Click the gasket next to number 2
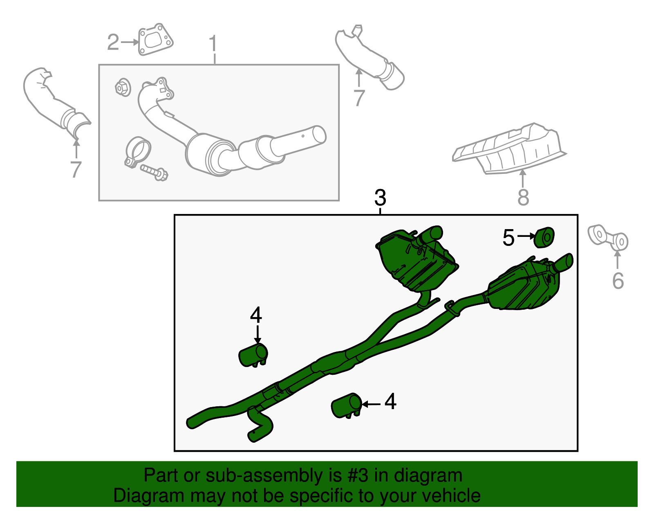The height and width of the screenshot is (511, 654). (x=155, y=40)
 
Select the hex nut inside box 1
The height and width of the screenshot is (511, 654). (x=122, y=88)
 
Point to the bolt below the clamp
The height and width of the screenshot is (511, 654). (x=154, y=172)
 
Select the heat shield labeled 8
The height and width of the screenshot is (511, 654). (x=511, y=149)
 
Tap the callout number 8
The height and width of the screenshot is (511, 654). (x=523, y=198)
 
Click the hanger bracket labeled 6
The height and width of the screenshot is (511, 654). (x=608, y=239)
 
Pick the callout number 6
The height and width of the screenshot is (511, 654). (x=618, y=281)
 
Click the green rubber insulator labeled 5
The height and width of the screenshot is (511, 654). (x=544, y=238)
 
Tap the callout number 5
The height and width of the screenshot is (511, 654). (x=508, y=238)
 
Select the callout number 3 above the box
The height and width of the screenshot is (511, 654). (x=380, y=198)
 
